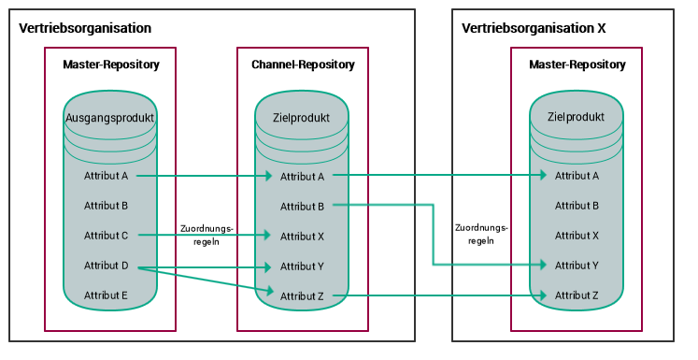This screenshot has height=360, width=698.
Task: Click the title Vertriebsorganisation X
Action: click(534, 28)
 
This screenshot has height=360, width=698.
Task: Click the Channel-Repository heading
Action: click(303, 65)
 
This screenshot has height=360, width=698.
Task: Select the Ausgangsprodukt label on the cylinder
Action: click(110, 118)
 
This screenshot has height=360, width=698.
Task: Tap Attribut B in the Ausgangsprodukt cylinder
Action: click(106, 206)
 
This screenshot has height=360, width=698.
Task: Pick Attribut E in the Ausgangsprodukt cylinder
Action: click(106, 295)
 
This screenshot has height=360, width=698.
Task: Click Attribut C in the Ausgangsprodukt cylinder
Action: click(106, 236)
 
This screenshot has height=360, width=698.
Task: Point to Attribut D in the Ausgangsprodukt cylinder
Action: click(106, 266)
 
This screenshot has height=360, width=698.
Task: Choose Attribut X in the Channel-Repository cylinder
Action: click(302, 236)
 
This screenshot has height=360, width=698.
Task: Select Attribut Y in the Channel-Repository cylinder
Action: click(302, 266)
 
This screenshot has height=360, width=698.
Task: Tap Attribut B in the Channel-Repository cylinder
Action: click(302, 206)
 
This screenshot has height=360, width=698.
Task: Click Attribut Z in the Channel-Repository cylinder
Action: click(302, 295)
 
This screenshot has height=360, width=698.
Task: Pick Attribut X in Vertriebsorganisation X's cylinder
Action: click(577, 236)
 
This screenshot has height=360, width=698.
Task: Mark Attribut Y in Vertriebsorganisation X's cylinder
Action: click(577, 266)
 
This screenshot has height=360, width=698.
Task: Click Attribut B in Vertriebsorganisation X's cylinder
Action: click(577, 206)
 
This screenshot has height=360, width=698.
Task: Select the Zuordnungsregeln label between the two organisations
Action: click(481, 234)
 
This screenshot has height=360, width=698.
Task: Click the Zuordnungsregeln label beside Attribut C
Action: click(207, 234)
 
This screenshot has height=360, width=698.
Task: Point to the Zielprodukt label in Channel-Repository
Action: click(302, 118)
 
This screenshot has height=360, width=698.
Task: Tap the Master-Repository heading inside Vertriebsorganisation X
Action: click(577, 65)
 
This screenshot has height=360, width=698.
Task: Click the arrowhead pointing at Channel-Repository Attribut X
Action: click(271, 236)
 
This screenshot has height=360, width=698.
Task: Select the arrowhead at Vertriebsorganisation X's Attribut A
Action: click(545, 175)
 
